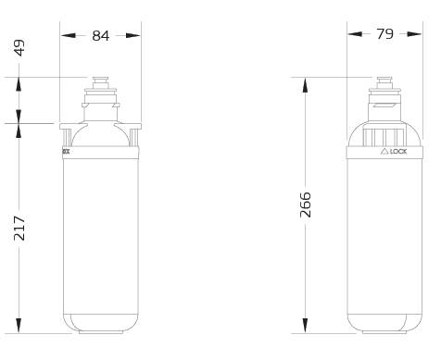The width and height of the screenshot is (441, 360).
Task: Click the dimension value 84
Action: tap(100, 35)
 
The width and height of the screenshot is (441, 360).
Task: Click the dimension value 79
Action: tap(384, 34)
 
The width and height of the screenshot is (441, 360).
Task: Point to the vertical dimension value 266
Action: tap(306, 205)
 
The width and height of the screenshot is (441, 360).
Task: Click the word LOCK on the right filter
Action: tap(398, 150)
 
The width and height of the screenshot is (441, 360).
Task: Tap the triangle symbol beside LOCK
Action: tap(384, 150)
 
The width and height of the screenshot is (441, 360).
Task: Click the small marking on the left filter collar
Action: tap(65, 149)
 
